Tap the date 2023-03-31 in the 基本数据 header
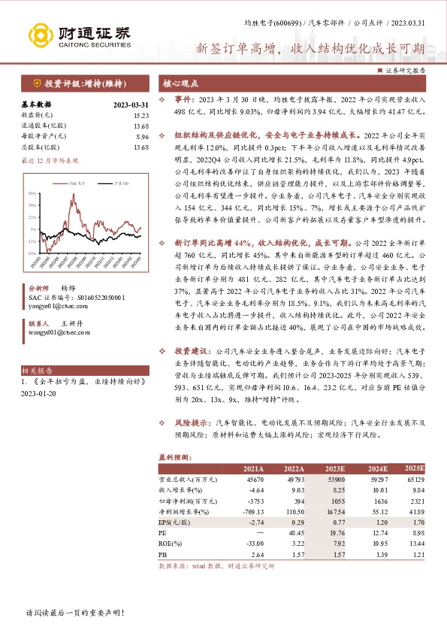pyautogui.click(x=131, y=104)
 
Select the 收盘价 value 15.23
pyautogui.click(x=141, y=115)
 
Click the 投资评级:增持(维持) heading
pyautogui.click(x=77, y=83)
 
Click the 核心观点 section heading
pyautogui.click(x=181, y=83)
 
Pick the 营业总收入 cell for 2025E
pyautogui.click(x=412, y=478)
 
